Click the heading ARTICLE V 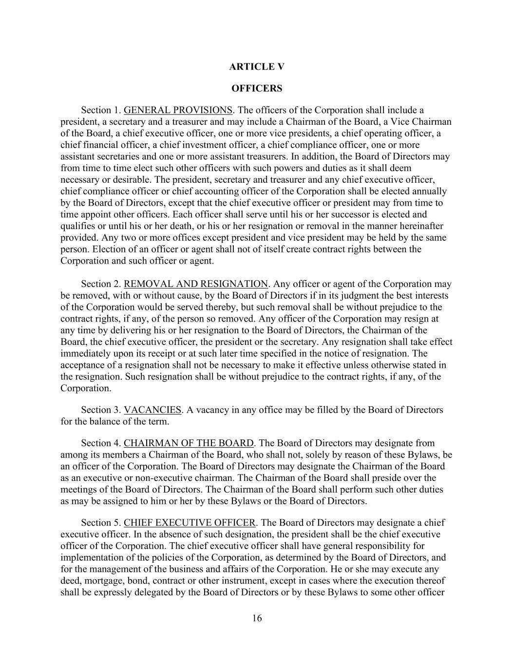click(x=257, y=67)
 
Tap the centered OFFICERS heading click(x=257, y=88)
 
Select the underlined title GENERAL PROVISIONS click(x=178, y=110)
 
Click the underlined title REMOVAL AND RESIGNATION click(x=196, y=284)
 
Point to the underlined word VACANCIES click(x=152, y=410)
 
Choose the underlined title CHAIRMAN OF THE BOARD click(x=189, y=443)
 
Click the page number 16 click(x=257, y=619)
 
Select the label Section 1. click(x=100, y=110)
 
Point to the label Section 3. click(x=100, y=410)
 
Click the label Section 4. click(x=100, y=443)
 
